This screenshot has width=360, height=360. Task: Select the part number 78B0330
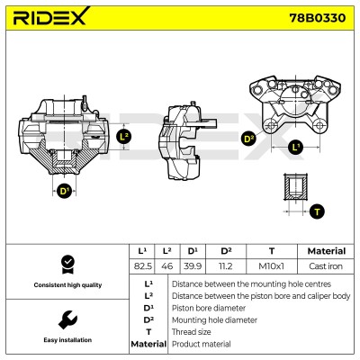[x=318, y=18]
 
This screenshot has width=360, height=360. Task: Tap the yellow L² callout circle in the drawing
[x=124, y=137]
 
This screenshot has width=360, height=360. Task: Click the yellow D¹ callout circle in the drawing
[x=64, y=191]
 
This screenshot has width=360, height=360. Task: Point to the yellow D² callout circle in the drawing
[x=248, y=139]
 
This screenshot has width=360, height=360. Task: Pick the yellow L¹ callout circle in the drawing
[x=295, y=147]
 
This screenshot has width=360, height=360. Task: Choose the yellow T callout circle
[x=317, y=211]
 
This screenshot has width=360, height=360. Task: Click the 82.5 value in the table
[x=142, y=266]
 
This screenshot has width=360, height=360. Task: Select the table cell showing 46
[x=167, y=266]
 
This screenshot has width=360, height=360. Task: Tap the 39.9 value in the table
[x=193, y=266]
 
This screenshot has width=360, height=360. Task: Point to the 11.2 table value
[x=225, y=266]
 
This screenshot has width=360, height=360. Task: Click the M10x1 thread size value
[x=271, y=266]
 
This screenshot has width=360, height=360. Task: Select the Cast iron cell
[x=326, y=266]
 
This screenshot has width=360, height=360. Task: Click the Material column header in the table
[x=327, y=251]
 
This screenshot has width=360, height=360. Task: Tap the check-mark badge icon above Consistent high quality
[x=67, y=265]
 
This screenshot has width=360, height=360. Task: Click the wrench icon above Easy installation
[x=67, y=320]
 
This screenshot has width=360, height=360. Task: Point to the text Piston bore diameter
[x=209, y=308]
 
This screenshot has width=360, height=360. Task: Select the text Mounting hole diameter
[x=214, y=320]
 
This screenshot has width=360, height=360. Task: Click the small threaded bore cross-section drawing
[x=295, y=186]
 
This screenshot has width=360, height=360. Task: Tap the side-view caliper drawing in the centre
[x=184, y=141]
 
